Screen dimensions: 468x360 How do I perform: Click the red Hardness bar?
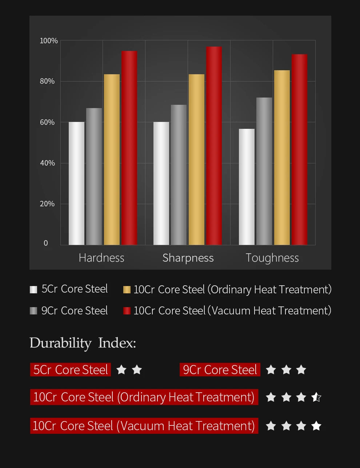(129, 148)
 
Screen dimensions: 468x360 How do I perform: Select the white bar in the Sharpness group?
(161, 183)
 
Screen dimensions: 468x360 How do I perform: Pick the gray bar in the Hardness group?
(94, 177)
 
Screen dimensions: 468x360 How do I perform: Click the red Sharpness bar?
(214, 146)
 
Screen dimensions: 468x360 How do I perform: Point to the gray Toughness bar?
(264, 171)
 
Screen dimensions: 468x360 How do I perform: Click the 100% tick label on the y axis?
(49, 41)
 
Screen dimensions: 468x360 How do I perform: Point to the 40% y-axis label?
(47, 163)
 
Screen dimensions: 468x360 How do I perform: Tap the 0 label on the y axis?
(46, 243)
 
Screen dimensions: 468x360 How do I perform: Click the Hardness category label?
(101, 258)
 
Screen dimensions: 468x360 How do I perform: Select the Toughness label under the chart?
(272, 258)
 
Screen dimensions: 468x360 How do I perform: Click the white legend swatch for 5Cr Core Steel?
(33, 290)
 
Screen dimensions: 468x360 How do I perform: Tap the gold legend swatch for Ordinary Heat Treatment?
(127, 290)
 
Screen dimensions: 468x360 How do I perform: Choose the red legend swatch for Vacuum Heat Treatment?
(127, 311)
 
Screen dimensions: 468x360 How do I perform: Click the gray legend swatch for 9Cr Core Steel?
(33, 311)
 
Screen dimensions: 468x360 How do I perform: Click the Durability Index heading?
(83, 343)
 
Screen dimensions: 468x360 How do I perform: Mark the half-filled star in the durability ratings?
(316, 397)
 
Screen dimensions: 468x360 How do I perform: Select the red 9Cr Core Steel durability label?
(220, 370)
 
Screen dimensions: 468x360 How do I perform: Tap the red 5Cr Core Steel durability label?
(71, 370)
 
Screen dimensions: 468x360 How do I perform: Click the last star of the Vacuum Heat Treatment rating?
(316, 426)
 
